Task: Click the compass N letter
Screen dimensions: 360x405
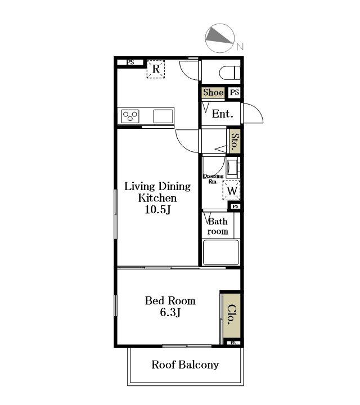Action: [x=240, y=47]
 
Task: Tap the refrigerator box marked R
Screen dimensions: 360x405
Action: [x=156, y=69]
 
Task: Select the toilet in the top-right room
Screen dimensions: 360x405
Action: [x=229, y=73]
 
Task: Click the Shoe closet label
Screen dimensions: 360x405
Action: [x=213, y=92]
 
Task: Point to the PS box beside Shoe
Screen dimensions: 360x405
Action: [x=235, y=92]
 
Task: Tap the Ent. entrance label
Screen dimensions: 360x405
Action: [x=223, y=114]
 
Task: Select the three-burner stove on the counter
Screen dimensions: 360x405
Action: [x=130, y=116]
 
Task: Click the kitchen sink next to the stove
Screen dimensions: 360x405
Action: [x=163, y=116]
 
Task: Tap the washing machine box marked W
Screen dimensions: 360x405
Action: [x=232, y=191]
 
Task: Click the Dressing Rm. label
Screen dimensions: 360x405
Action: [x=213, y=179]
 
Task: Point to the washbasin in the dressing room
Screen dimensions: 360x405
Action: [x=233, y=168]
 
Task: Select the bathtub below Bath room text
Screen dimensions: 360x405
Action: [x=221, y=253]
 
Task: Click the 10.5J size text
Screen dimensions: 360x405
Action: [x=157, y=210]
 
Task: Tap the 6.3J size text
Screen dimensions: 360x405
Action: [x=170, y=312]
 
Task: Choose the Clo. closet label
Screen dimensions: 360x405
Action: [x=232, y=314]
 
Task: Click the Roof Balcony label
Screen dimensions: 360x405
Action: [x=185, y=364]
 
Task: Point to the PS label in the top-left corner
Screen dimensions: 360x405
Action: [x=130, y=62]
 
